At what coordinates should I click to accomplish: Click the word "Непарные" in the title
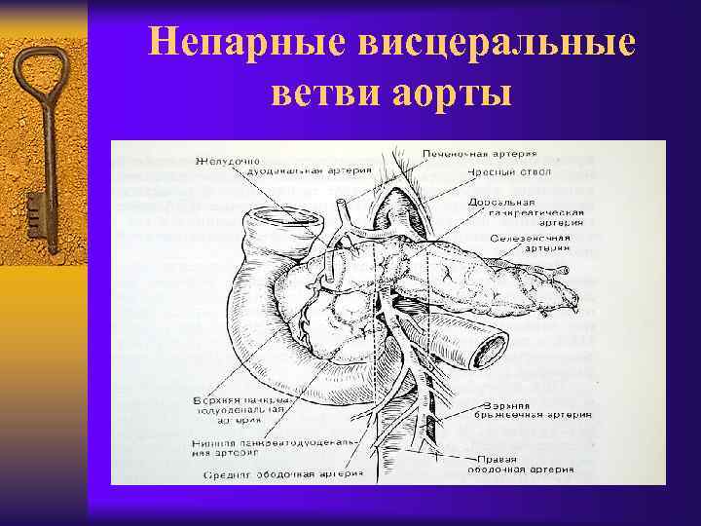(x=251, y=44)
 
